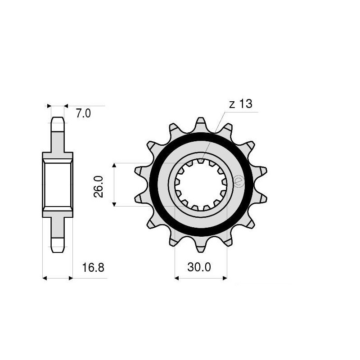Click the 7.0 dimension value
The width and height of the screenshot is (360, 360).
(83, 114)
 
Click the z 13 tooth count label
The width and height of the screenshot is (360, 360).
(241, 104)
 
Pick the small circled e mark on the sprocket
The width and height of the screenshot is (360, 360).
(238, 181)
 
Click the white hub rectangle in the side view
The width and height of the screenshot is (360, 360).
(58, 184)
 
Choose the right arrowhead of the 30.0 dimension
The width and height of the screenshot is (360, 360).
(225, 278)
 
